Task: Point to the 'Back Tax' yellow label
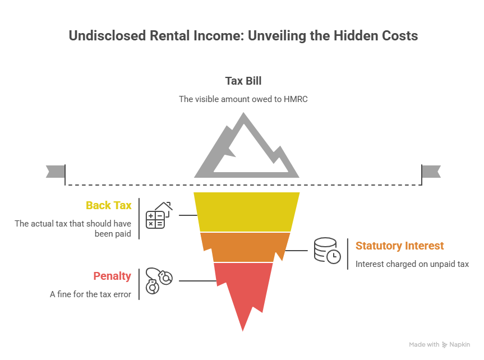tap(109, 205)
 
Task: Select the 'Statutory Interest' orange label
tap(399, 246)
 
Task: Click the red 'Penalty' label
tap(112, 276)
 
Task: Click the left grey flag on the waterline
tap(55, 172)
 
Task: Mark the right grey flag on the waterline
tap(431, 172)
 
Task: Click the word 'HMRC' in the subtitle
tap(296, 99)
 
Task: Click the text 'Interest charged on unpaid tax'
tap(412, 264)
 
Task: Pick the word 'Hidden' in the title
tap(350, 36)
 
